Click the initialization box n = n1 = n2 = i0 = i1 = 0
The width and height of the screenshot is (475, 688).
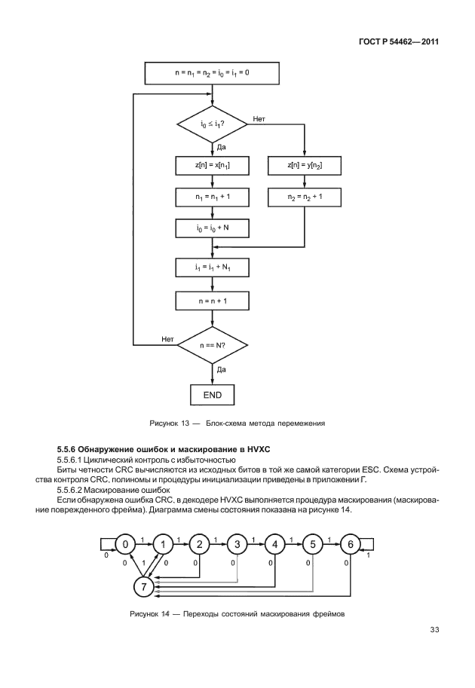tap(212, 73)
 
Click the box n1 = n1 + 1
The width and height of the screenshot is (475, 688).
tap(212, 197)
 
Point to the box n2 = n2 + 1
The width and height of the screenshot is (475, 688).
tap(305, 197)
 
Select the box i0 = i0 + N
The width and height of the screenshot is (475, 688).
tap(212, 228)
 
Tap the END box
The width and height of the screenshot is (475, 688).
tap(212, 394)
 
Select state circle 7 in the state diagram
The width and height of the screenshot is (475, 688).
tap(144, 585)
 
